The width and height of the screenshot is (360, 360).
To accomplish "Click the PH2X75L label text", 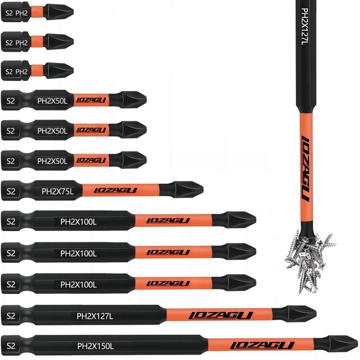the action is point(57,191).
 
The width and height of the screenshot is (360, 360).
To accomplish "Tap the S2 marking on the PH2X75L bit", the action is point(10,191).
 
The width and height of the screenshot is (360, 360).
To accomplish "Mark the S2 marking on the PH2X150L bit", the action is point(10,346).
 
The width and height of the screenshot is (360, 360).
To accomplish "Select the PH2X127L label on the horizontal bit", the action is point(95,315).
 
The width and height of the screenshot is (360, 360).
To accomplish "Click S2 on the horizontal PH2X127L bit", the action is point(10,315).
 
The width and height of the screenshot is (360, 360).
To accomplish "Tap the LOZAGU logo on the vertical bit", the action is point(305,168).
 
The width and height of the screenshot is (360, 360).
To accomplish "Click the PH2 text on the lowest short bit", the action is point(22,72).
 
